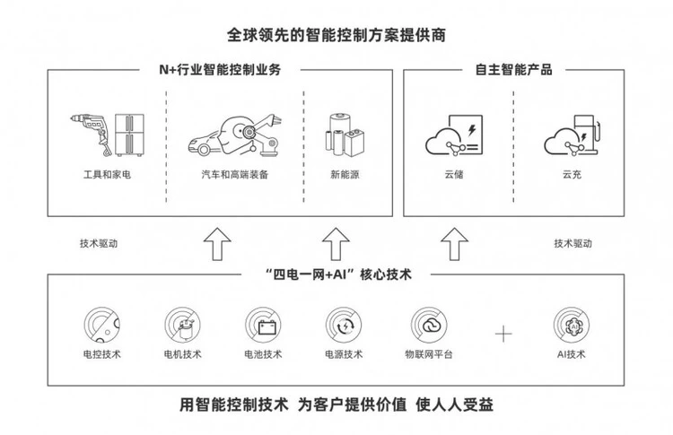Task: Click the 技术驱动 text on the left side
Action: tap(98, 243)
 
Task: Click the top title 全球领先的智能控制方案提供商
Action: tap(336, 37)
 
